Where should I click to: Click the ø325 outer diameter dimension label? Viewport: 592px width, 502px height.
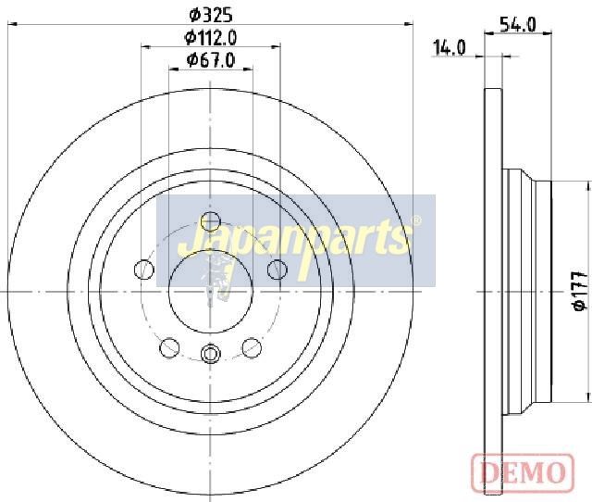click(x=210, y=16)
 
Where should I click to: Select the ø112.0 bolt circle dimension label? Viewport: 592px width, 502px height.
click(x=210, y=37)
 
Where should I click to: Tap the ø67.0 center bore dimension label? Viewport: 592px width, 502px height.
click(x=211, y=59)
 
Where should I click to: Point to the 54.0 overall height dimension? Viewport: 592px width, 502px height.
click(x=518, y=25)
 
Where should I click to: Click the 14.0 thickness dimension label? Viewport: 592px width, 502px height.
click(x=449, y=48)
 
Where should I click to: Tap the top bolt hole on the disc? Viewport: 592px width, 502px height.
click(x=210, y=221)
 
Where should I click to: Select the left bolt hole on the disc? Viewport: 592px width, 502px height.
click(x=144, y=270)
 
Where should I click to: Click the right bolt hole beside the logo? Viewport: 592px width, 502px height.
click(x=277, y=270)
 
